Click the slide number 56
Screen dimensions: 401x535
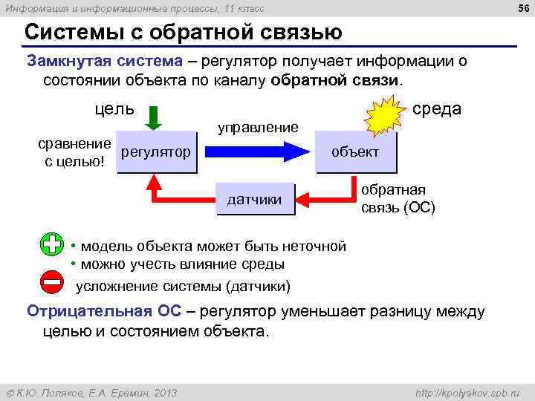tap(523, 7)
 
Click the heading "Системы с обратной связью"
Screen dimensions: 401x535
tap(183, 33)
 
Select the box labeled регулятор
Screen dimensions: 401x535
tap(156, 152)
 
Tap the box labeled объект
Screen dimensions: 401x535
tap(355, 152)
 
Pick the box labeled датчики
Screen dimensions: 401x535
tap(254, 199)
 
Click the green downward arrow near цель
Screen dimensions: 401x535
tap(152, 117)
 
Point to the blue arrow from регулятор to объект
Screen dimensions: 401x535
tap(256, 151)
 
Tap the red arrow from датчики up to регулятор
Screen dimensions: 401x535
tap(178, 195)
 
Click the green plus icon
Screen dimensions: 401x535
tap(52, 246)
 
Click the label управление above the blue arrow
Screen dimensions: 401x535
tap(257, 127)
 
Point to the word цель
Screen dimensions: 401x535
tap(114, 108)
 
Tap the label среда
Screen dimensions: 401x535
tap(437, 109)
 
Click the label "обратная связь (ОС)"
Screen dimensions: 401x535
tap(398, 198)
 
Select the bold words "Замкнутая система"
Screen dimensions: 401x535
tap(104, 60)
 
